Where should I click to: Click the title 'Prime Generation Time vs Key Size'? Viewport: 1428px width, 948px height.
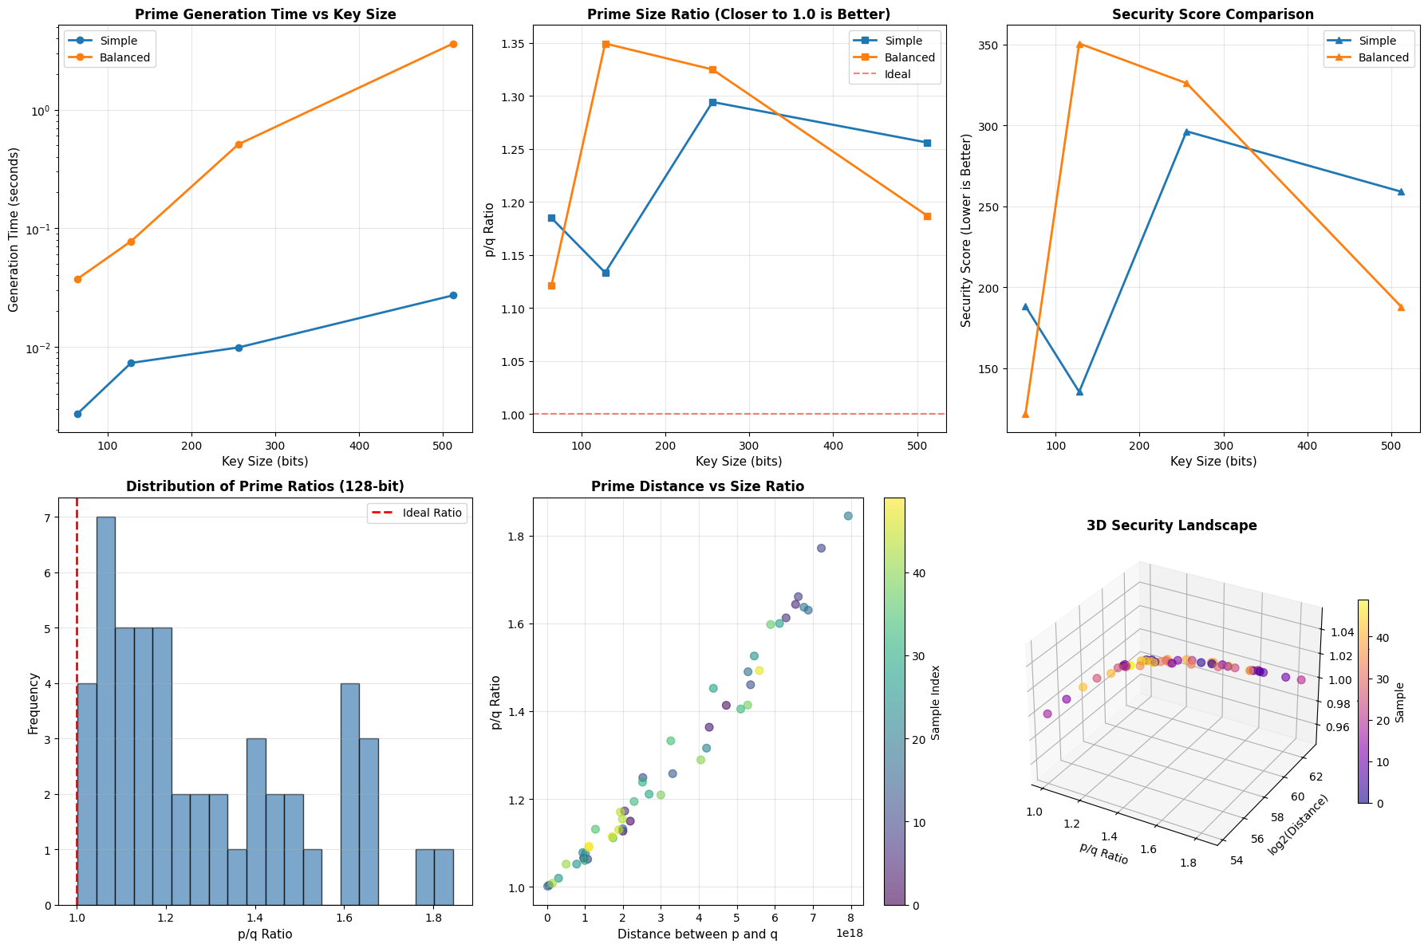pyautogui.click(x=265, y=14)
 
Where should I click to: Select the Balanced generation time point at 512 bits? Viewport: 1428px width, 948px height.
pyautogui.click(x=453, y=44)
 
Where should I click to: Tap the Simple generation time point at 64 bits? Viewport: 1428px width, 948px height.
pyautogui.click(x=77, y=414)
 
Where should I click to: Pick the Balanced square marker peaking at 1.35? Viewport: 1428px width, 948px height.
pyautogui.click(x=606, y=44)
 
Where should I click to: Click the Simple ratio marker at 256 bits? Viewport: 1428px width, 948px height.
pyautogui.click(x=712, y=102)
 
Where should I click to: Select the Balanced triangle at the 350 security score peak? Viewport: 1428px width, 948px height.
pyautogui.click(x=1079, y=44)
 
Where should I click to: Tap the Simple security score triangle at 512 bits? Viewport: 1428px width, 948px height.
pyautogui.click(x=1401, y=191)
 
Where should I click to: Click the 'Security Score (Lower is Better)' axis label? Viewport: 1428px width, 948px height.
pyautogui.click(x=966, y=230)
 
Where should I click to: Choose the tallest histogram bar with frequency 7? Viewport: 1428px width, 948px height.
pyautogui.click(x=105, y=710)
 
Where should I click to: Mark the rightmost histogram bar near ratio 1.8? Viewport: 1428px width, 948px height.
pyautogui.click(x=444, y=877)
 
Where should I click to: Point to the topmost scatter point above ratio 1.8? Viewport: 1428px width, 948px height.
pyautogui.click(x=848, y=516)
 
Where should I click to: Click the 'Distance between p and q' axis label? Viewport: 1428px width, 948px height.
pyautogui.click(x=698, y=934)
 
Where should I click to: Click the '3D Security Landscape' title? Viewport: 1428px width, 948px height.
pyautogui.click(x=1171, y=525)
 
